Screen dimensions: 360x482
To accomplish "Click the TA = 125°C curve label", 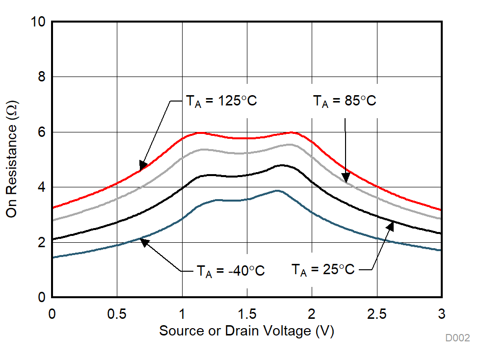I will [x=221, y=102].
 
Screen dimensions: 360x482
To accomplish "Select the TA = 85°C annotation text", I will [x=345, y=102].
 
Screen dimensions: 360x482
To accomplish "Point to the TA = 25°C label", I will [x=323, y=269].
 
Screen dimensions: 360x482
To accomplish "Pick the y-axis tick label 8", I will [x=42, y=77].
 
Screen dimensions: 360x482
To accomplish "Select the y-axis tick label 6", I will [x=42, y=132].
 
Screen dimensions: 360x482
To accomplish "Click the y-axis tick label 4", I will [x=42, y=187].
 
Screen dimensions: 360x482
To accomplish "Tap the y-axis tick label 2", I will [x=42, y=242].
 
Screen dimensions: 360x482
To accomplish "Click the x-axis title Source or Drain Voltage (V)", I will [x=246, y=331].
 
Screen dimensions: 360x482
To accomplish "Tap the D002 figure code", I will [x=457, y=338].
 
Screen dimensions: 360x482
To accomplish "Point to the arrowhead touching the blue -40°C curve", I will [x=144, y=241].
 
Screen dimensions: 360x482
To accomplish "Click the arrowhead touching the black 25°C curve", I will [x=391, y=226].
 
